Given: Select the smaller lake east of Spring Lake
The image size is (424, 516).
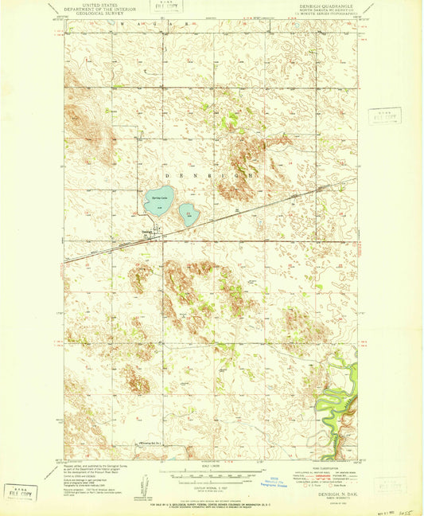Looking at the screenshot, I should pos(188,213).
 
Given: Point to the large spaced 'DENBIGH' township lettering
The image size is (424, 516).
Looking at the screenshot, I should pos(212,172).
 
